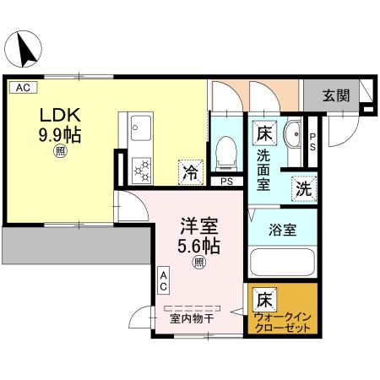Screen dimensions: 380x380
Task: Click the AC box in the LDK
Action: tap(22, 87)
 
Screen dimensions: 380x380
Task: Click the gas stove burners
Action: tap(139, 170)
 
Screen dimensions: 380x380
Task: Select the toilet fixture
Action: tap(226, 152)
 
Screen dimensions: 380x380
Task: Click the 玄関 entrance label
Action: tap(335, 95)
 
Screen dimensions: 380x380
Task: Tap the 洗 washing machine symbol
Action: tap(303, 188)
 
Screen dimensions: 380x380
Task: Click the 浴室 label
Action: tap(281, 228)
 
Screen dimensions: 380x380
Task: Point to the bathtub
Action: tap(283, 263)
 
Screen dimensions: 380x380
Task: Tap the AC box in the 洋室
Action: tap(165, 281)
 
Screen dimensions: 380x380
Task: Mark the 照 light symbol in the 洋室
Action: tap(199, 263)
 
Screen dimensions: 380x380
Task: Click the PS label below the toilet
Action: tap(225, 181)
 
